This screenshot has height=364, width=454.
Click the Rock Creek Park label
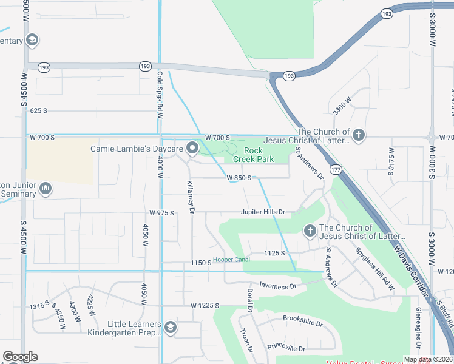coord(259,155)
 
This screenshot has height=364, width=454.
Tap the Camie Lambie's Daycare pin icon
coord(192,148)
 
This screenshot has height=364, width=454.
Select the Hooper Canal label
coord(231,260)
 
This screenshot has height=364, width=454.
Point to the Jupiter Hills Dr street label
coord(263,212)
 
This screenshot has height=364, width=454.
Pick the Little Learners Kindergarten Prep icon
coord(171,328)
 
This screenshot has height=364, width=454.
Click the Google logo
coord(20,357)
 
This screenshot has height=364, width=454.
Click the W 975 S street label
coord(161,213)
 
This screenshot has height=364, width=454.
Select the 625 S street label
coord(38,111)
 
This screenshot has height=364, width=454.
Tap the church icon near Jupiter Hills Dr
coord(310,231)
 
